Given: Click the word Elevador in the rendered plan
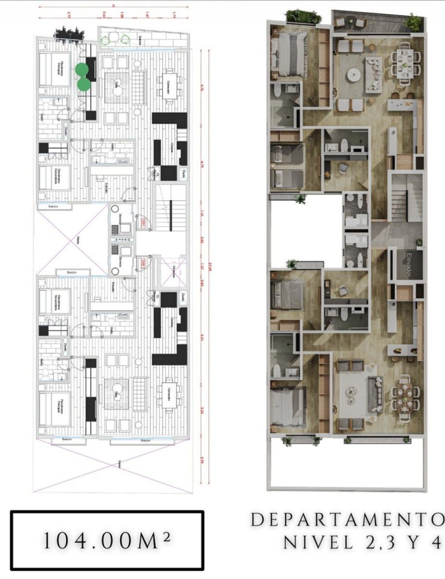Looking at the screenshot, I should (409, 264).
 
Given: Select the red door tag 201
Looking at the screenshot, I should (144, 222).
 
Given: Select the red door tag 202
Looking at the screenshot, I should (144, 261).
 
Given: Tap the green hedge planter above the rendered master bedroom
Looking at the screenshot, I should (296, 16).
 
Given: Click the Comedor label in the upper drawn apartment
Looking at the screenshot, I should (168, 87).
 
